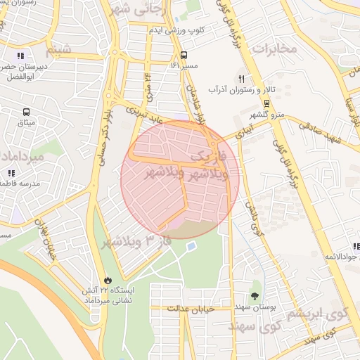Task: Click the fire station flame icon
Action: click(107, 278)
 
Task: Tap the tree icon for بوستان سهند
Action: click(254, 296)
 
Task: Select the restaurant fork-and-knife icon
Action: click(241, 79)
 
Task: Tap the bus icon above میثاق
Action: click(26, 112)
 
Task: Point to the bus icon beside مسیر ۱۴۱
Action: click(184, 55)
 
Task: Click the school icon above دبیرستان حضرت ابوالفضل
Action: click(20, 55)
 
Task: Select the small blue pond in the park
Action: click(191, 245)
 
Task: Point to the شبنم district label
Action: click(58, 51)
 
